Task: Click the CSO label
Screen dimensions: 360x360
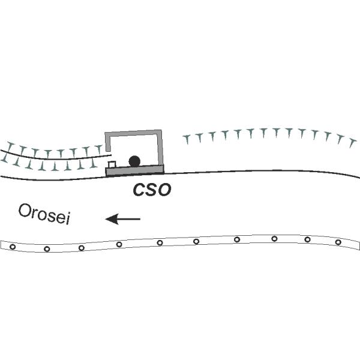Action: click(152, 190)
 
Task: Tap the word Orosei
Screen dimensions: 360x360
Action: click(44, 214)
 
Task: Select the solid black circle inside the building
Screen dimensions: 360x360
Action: click(134, 161)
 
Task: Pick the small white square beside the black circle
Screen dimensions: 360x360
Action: click(112, 164)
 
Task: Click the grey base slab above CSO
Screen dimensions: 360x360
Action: click(135, 170)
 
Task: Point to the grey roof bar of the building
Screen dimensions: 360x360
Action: click(133, 133)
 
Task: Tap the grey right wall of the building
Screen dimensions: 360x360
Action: click(160, 148)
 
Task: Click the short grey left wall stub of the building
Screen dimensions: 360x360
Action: click(107, 142)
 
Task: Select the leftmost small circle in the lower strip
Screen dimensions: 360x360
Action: click(13, 247)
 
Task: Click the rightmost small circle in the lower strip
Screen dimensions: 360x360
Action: click(338, 242)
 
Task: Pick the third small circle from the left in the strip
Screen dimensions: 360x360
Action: click(82, 248)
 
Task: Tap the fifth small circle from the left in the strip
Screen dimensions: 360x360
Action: click(160, 242)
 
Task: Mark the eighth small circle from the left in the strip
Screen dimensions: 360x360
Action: click(274, 239)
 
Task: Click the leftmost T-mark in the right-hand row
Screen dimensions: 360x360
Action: click(187, 140)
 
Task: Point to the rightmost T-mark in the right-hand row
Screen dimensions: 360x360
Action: click(352, 143)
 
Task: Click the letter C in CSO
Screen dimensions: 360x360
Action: click(139, 190)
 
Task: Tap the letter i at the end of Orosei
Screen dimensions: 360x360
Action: click(68, 219)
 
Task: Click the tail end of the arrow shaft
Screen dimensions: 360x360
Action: click(140, 219)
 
